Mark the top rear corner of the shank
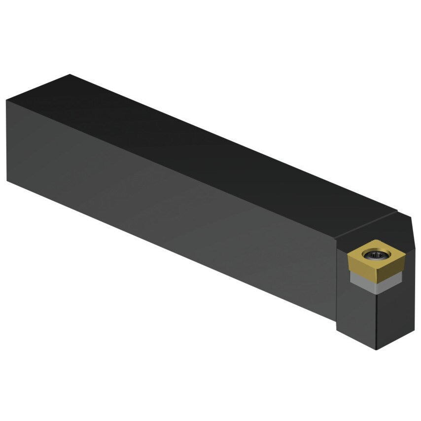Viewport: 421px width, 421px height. point(70,75)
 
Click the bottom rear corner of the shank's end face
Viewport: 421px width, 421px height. point(7,181)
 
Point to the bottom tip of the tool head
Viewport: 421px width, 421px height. point(377,349)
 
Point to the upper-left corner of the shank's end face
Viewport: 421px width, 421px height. point(7,100)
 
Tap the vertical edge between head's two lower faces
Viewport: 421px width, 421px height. point(378,316)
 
